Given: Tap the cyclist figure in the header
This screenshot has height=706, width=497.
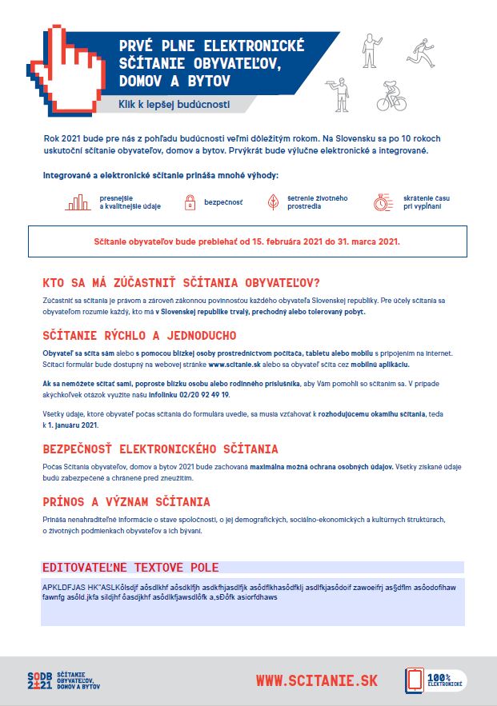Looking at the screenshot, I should (x=392, y=96).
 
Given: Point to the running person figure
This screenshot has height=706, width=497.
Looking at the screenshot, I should (x=419, y=50).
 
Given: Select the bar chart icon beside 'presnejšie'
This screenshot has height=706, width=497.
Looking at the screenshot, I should (x=78, y=203).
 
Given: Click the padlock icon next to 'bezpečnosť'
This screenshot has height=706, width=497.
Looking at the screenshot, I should (x=190, y=204).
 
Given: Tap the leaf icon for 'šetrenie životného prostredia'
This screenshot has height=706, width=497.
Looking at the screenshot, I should (x=273, y=203).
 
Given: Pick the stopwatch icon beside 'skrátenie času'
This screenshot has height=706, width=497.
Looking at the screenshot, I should (x=383, y=203).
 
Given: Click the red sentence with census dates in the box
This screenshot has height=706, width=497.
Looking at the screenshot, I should (x=247, y=241).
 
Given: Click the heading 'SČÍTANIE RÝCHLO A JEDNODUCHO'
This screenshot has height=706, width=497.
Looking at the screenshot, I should (x=139, y=335).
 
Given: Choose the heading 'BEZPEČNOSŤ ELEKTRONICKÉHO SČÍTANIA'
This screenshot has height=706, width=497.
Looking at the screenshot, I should (x=160, y=449).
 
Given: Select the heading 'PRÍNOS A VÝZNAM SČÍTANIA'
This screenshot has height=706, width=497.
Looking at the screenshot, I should (x=126, y=502).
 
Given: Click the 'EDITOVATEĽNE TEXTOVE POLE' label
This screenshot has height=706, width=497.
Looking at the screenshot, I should (x=130, y=568).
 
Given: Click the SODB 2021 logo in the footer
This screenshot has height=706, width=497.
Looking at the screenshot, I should (x=64, y=680).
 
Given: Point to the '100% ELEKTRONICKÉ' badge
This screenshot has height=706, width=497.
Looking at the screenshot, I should (x=435, y=680).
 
